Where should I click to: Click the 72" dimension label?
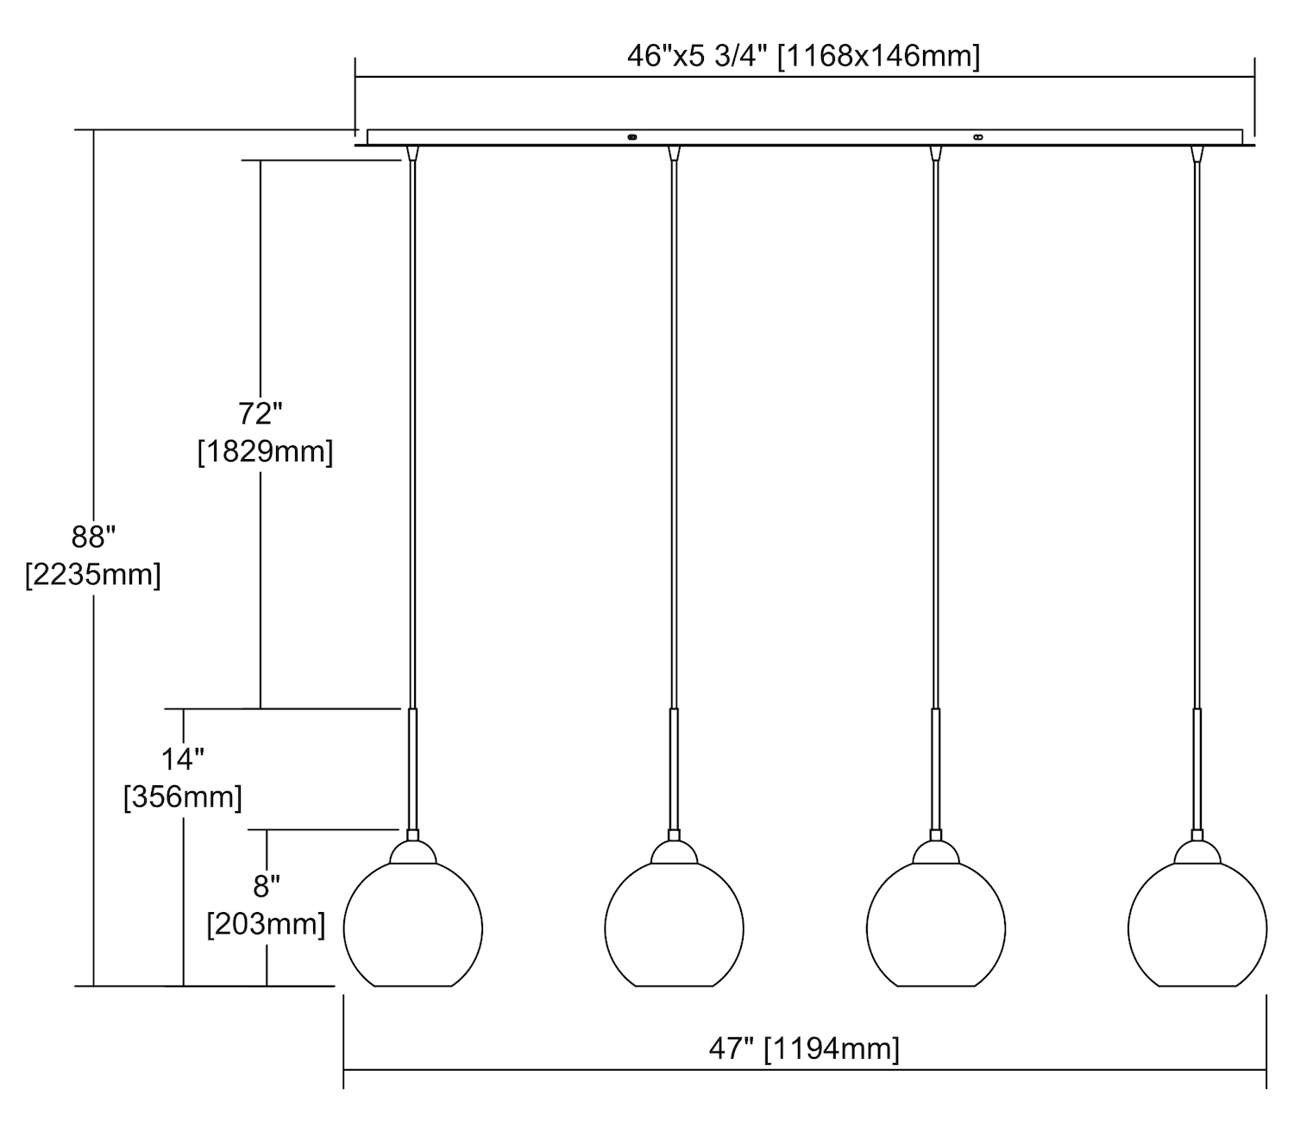pyautogui.click(x=261, y=414)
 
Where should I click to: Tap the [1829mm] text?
pyautogui.click(x=265, y=451)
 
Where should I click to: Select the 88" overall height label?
pyautogui.click(x=93, y=537)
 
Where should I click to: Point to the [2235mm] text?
pyautogui.click(x=93, y=574)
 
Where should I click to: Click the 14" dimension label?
pyautogui.click(x=183, y=759)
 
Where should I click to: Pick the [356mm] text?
pyautogui.click(x=183, y=796)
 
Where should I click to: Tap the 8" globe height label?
pyautogui.click(x=267, y=885)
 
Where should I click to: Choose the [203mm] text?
pyautogui.click(x=267, y=923)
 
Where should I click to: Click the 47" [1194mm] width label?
pyautogui.click(x=804, y=1048)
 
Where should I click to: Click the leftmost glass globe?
pyautogui.click(x=413, y=928)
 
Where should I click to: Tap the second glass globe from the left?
pyautogui.click(x=674, y=928)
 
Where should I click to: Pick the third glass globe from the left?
pyautogui.click(x=936, y=928)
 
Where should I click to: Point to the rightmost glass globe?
pyautogui.click(x=1197, y=928)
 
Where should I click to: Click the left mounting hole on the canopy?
pyautogui.click(x=631, y=136)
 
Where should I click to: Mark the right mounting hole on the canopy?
pyautogui.click(x=977, y=136)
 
